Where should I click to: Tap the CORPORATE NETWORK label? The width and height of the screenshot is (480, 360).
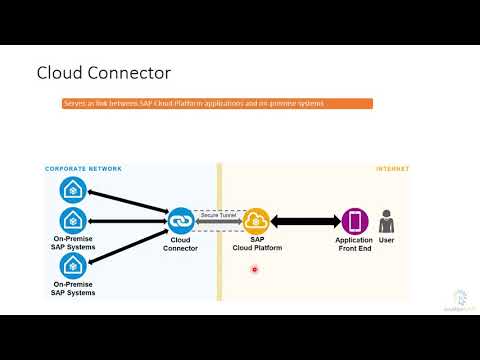coord(84,169)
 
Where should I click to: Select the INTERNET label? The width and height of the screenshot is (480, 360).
coord(392,169)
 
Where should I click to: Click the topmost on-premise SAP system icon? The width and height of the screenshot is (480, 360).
coord(72,190)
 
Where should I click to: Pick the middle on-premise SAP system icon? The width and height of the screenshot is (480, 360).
coord(72,220)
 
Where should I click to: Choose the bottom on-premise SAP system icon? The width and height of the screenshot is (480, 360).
coord(72,265)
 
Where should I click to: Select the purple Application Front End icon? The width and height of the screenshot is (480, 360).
coord(355,221)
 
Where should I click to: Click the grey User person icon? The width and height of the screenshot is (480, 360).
coord(387,221)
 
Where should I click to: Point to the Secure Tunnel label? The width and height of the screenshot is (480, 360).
coord(217,213)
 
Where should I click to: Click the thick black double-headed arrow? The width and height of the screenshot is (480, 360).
coord(305,221)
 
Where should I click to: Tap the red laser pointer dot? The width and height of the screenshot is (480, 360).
coord(255,268)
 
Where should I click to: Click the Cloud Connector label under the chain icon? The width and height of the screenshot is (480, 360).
coord(180,244)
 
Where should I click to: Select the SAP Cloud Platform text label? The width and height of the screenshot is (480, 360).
coord(256,244)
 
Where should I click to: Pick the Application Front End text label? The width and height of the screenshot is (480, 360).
coord(355,244)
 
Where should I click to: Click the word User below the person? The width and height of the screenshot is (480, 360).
coord(387,241)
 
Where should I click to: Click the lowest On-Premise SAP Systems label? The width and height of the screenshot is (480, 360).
coord(73,289)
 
